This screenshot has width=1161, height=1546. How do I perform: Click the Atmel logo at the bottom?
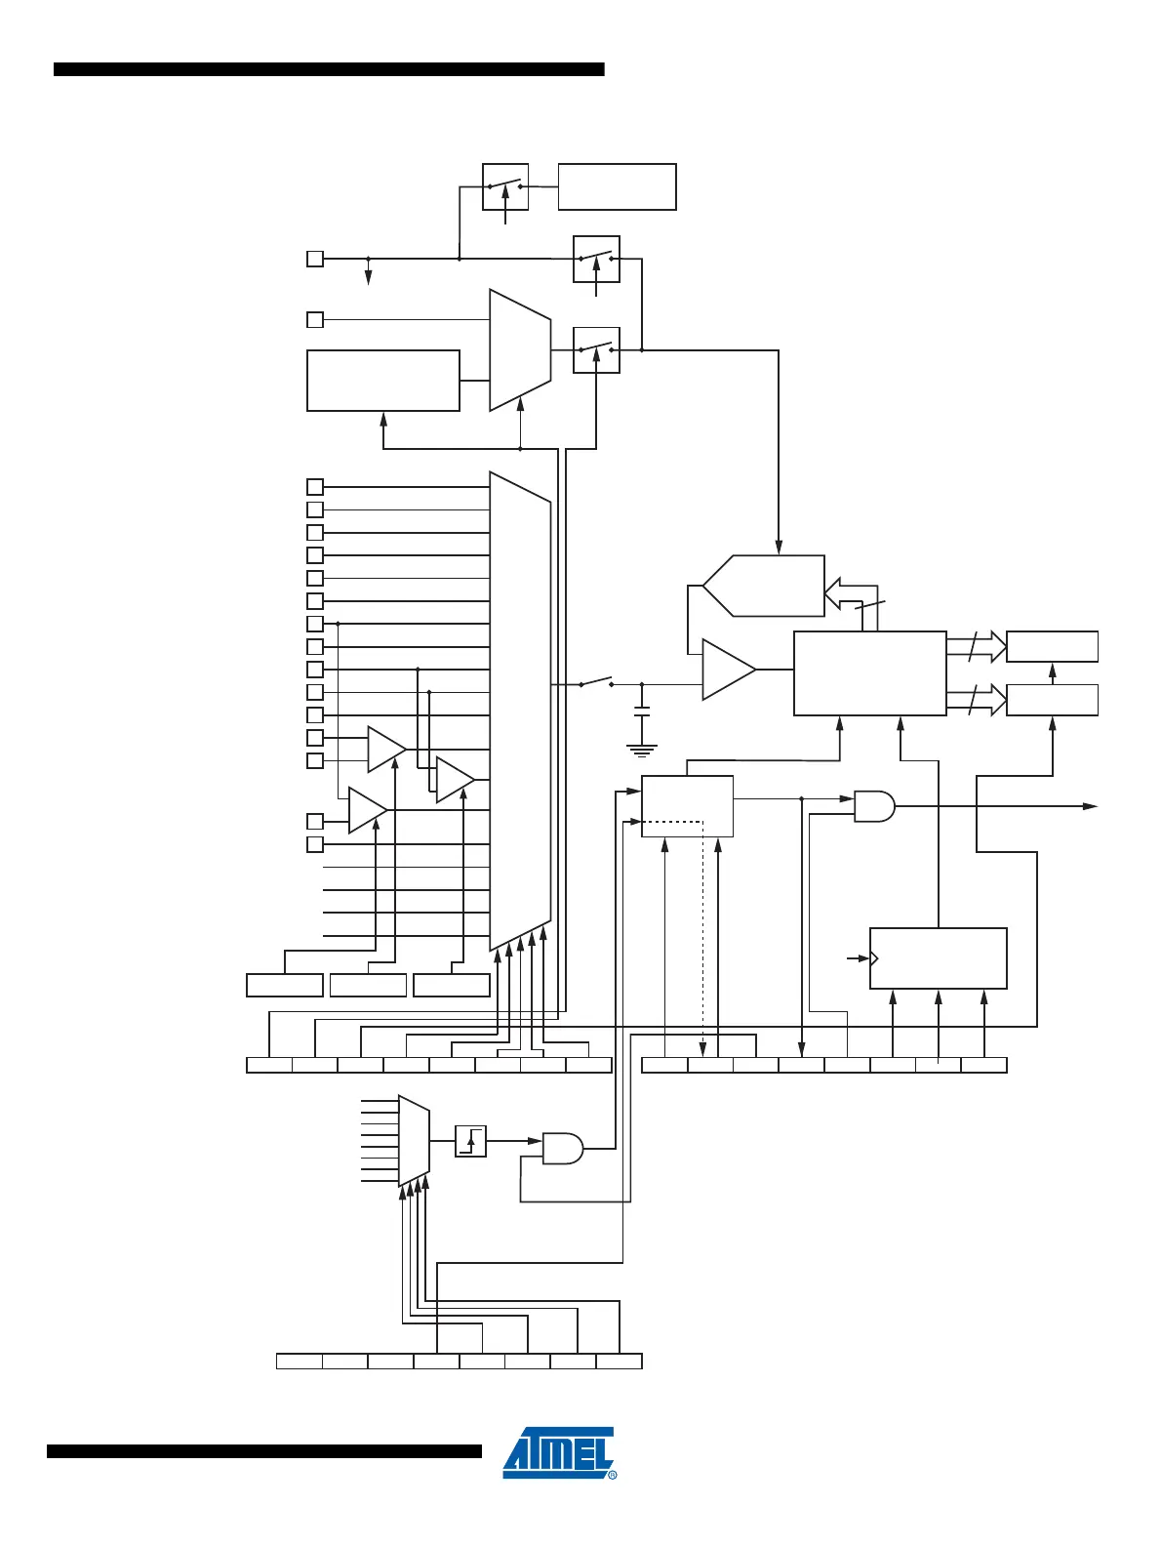point(559,1452)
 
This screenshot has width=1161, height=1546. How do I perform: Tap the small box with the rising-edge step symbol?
point(470,1141)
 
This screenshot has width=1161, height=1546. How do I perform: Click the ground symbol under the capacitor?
point(641,751)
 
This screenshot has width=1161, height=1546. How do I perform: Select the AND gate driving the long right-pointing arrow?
point(874,806)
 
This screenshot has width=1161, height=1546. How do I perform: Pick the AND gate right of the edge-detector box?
point(562,1149)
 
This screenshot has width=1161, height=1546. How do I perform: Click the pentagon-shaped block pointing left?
point(764,586)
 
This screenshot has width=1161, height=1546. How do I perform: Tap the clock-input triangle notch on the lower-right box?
point(874,958)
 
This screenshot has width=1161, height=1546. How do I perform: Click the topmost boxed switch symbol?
point(505,186)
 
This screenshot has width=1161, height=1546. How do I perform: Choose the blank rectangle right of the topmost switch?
point(617,186)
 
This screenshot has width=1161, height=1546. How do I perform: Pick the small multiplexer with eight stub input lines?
point(414,1140)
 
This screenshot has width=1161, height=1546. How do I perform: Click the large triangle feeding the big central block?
point(728,670)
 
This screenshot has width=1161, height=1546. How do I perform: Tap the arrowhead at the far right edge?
point(1091,806)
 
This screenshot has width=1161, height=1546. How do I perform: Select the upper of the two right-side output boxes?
point(1052,646)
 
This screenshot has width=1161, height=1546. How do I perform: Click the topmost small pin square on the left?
point(315,259)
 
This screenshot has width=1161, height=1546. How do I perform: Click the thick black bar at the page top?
point(329,69)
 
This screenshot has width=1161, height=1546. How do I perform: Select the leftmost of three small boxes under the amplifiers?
point(285,985)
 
